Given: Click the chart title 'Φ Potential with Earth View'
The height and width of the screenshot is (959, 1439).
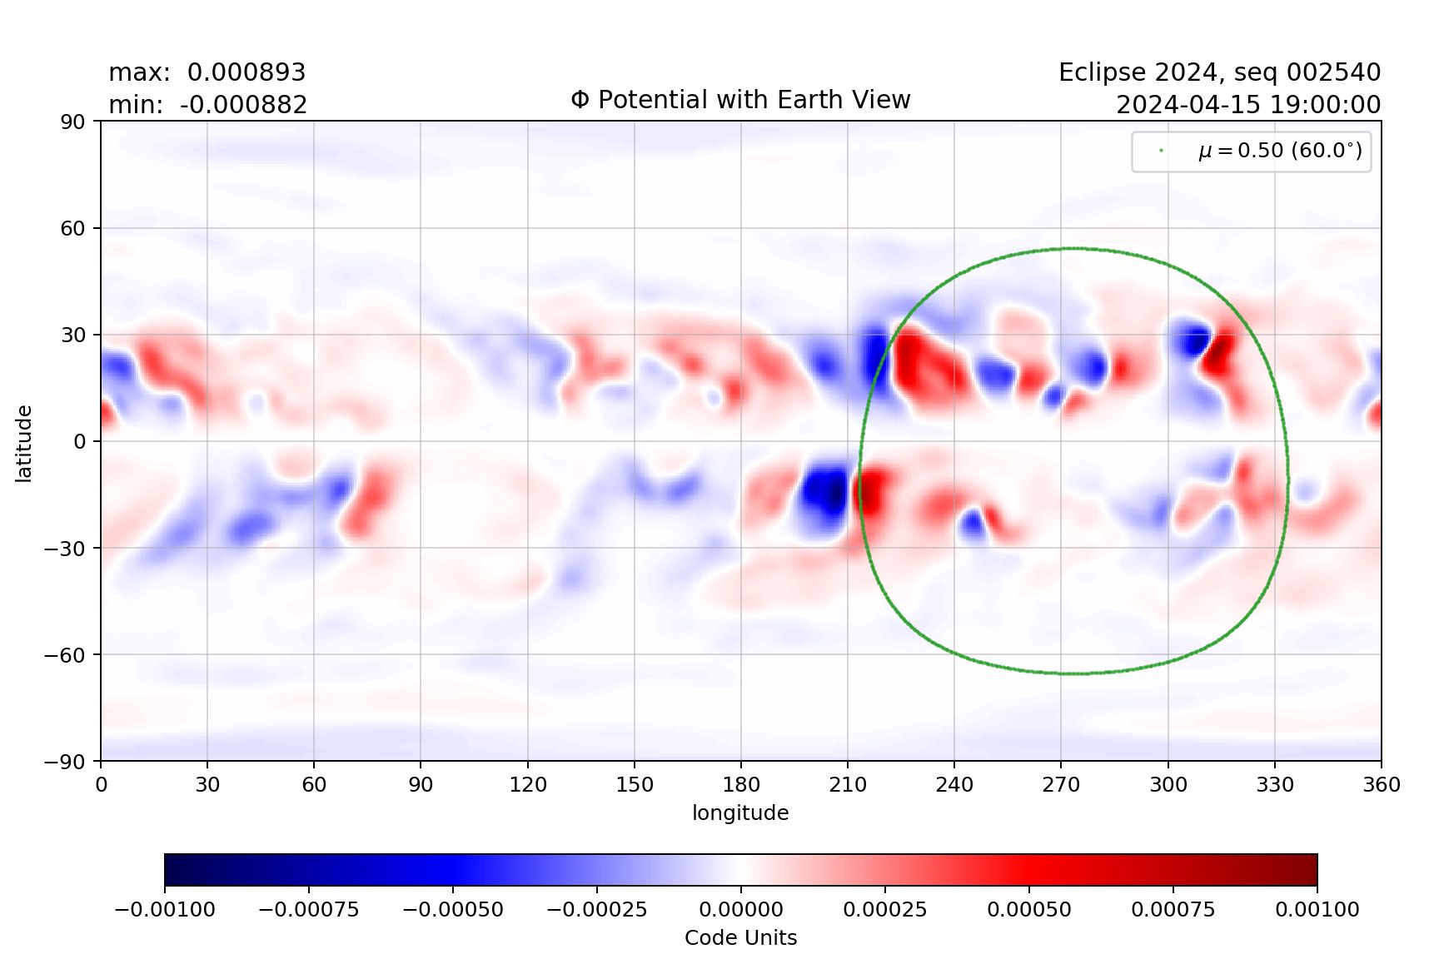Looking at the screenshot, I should pyautogui.click(x=740, y=100).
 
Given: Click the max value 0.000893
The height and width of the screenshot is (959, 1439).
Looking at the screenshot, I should pyautogui.click(x=246, y=72).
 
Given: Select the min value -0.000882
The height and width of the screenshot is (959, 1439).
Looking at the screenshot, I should pyautogui.click(x=243, y=105).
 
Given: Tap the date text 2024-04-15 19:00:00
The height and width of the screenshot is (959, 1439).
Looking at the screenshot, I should pyautogui.click(x=1247, y=105).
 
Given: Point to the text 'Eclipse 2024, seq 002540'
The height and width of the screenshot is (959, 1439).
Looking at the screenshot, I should pyautogui.click(x=1219, y=72).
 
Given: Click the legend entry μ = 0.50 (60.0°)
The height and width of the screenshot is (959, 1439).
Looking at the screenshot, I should pyautogui.click(x=1280, y=151).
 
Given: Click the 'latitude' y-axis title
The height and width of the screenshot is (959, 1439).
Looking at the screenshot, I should pyautogui.click(x=24, y=443).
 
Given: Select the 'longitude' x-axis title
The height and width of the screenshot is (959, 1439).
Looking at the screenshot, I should pyautogui.click(x=740, y=812).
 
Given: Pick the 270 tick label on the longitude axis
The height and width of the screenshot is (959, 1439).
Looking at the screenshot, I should pyautogui.click(x=1061, y=784).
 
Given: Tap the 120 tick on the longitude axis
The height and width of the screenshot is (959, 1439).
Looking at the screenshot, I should pyautogui.click(x=527, y=784).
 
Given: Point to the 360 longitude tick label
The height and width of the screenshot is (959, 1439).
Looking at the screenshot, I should pyautogui.click(x=1382, y=784).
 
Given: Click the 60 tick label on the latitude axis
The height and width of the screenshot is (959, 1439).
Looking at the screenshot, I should pyautogui.click(x=72, y=228).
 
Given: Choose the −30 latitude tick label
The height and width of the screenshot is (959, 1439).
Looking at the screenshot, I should pyautogui.click(x=65, y=549).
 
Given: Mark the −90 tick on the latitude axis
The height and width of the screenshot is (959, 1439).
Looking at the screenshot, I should pyautogui.click(x=65, y=762).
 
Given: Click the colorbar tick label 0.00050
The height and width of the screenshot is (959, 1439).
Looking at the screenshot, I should pyautogui.click(x=1029, y=909).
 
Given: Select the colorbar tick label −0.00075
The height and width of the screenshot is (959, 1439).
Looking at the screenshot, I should pyautogui.click(x=309, y=909).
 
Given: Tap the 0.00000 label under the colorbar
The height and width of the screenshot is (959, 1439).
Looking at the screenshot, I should pyautogui.click(x=740, y=909).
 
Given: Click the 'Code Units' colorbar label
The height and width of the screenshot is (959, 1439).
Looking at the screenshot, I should pyautogui.click(x=740, y=938).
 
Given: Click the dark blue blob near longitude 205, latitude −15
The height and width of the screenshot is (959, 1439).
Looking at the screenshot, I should pyautogui.click(x=827, y=494).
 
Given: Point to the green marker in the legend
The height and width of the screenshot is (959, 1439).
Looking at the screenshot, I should pyautogui.click(x=1161, y=151).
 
